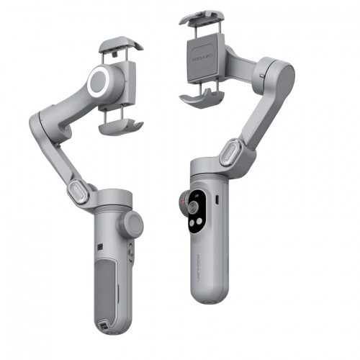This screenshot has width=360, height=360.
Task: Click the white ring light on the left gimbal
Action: click(101, 83)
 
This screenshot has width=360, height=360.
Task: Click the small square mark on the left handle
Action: click(100, 244)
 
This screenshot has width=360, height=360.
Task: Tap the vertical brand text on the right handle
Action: click(197, 273)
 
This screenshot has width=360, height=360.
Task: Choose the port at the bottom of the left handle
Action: click(106, 330)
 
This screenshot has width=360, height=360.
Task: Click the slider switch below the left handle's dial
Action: click(130, 253)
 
